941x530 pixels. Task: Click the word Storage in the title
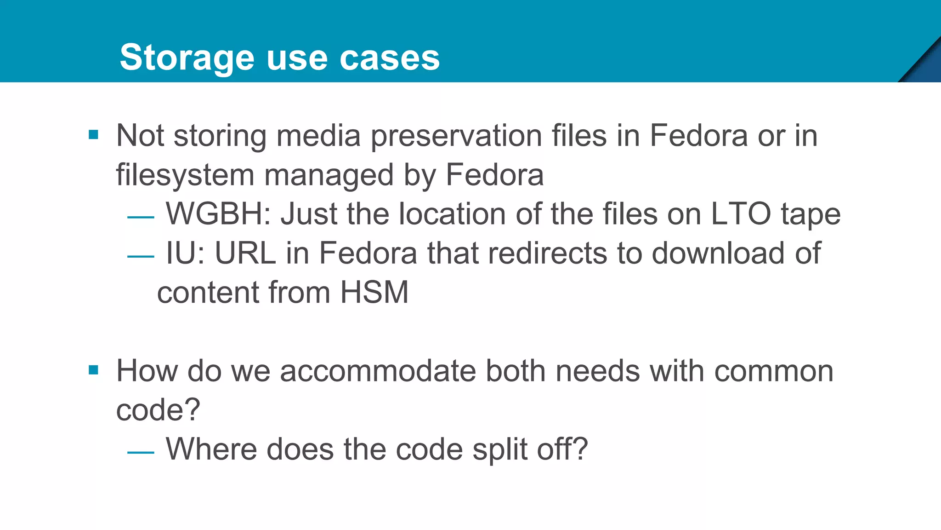point(187,58)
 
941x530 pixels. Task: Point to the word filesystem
point(185,175)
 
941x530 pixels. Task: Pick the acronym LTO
point(741,214)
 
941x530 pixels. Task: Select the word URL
point(245,253)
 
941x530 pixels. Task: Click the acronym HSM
point(374,293)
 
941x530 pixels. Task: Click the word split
point(500,449)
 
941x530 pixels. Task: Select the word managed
point(329,175)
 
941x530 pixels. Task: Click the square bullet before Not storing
point(94,135)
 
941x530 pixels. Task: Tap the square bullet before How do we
point(94,370)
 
